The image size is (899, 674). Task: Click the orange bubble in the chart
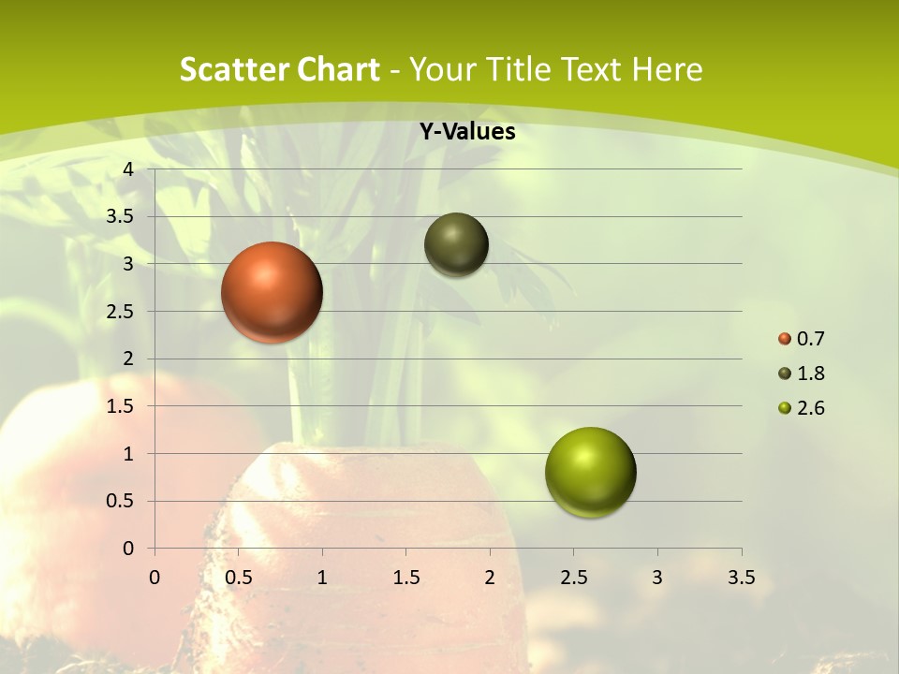tap(272, 292)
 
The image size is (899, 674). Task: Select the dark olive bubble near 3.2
tap(456, 244)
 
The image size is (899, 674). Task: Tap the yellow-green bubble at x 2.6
tap(590, 472)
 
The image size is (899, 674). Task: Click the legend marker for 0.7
tap(785, 339)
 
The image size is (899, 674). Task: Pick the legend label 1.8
tap(810, 374)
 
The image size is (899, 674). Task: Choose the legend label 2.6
tap(810, 408)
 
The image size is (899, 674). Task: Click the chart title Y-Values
tap(466, 132)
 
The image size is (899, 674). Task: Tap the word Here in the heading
tap(666, 69)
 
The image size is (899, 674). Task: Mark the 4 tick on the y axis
tap(128, 169)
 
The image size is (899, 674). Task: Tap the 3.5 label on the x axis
tap(741, 578)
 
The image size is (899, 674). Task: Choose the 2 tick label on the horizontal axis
tap(490, 578)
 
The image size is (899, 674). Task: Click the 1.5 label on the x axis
tap(405, 578)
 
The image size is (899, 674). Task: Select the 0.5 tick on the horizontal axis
tap(238, 578)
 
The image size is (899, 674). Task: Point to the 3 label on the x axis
tap(657, 578)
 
